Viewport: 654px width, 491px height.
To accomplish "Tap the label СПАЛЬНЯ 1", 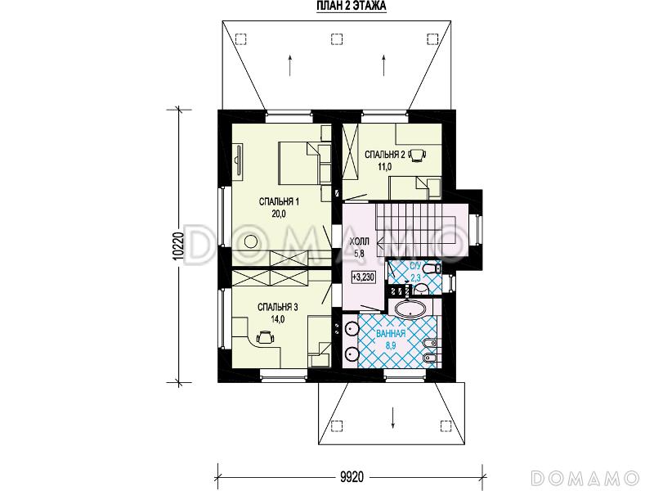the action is point(279,202).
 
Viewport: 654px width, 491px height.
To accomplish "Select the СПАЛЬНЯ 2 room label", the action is point(385,155).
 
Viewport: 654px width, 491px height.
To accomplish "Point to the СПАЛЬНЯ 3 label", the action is point(277,308).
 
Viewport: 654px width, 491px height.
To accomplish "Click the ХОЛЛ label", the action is point(359,241).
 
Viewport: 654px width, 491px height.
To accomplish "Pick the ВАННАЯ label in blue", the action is point(391,334).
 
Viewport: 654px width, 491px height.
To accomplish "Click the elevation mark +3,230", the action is point(363,277).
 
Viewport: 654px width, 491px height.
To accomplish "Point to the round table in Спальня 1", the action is point(252,242).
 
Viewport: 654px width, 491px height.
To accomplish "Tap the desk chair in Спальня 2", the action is point(417,155).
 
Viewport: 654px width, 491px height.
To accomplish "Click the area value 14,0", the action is point(277,320).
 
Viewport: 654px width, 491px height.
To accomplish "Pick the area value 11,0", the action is point(385,167).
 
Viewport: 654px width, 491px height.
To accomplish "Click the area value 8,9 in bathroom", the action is point(391,345).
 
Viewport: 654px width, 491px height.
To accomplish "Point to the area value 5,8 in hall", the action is point(359,253).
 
